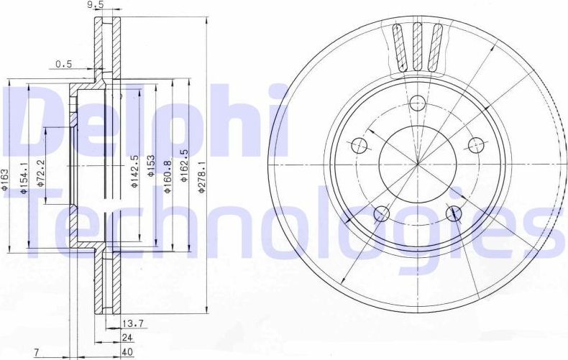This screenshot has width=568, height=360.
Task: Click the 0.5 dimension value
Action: click(x=64, y=64)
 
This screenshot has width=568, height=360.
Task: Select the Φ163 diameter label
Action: click(x=4, y=178)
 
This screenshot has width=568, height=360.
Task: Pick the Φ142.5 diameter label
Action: click(x=134, y=170)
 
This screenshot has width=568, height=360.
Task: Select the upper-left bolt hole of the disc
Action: click(x=361, y=146)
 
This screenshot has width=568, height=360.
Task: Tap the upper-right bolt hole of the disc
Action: click(x=475, y=145)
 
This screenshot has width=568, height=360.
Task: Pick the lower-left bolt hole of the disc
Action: click(x=383, y=213)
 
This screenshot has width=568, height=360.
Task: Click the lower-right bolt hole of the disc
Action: click(x=453, y=213)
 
